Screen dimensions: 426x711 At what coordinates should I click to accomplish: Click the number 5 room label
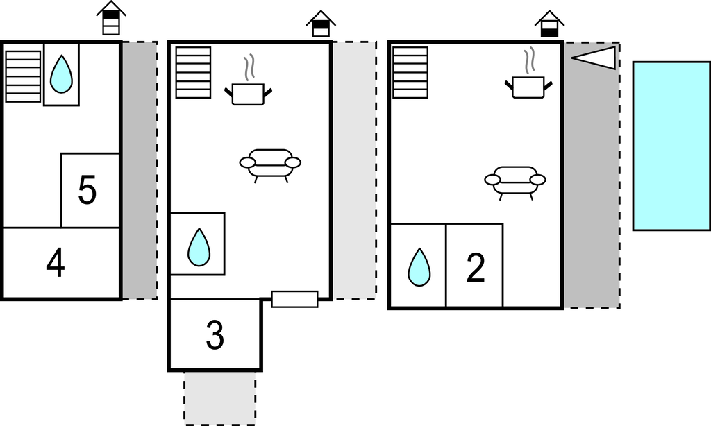coord(87,191)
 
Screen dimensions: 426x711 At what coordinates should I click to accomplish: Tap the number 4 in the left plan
coord(56,264)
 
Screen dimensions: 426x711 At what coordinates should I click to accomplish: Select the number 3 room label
coord(215,336)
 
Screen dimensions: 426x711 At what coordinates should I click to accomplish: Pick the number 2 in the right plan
coord(476,269)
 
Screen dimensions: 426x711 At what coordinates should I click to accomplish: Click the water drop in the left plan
coord(62,74)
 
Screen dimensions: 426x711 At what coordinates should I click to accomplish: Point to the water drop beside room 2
coord(419,267)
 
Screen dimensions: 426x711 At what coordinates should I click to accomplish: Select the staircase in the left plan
coord(24,76)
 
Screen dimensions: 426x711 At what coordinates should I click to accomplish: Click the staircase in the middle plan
coord(193,72)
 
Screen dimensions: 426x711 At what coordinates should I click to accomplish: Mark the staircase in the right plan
coord(410,72)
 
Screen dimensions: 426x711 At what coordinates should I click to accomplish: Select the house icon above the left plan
coord(111,18)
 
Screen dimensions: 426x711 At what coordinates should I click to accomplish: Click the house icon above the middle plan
coord(321,24)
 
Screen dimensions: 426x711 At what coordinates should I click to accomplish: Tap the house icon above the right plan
coord(549,24)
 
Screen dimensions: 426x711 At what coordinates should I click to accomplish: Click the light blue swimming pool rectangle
coord(671,146)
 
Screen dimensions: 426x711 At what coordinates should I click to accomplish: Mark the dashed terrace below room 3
coord(220,397)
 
